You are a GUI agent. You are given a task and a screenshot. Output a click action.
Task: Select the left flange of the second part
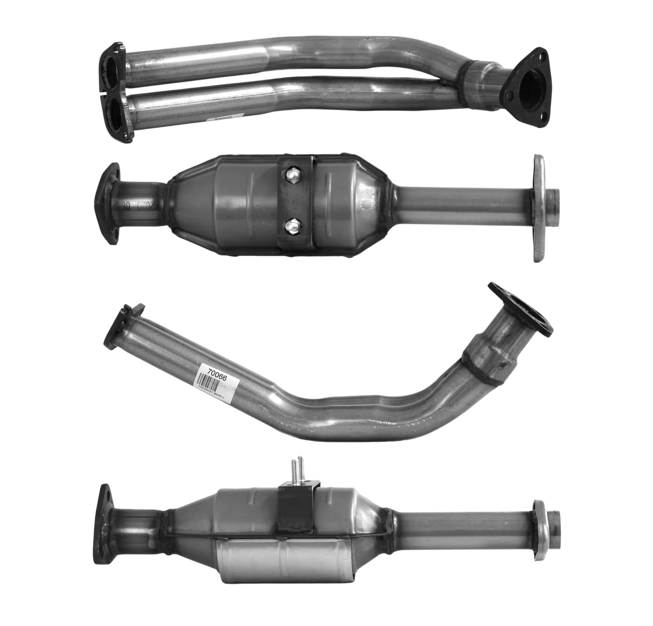[109, 203]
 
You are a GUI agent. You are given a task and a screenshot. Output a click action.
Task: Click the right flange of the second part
[540, 208]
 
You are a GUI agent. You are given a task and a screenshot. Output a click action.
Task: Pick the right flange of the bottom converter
[540, 525]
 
